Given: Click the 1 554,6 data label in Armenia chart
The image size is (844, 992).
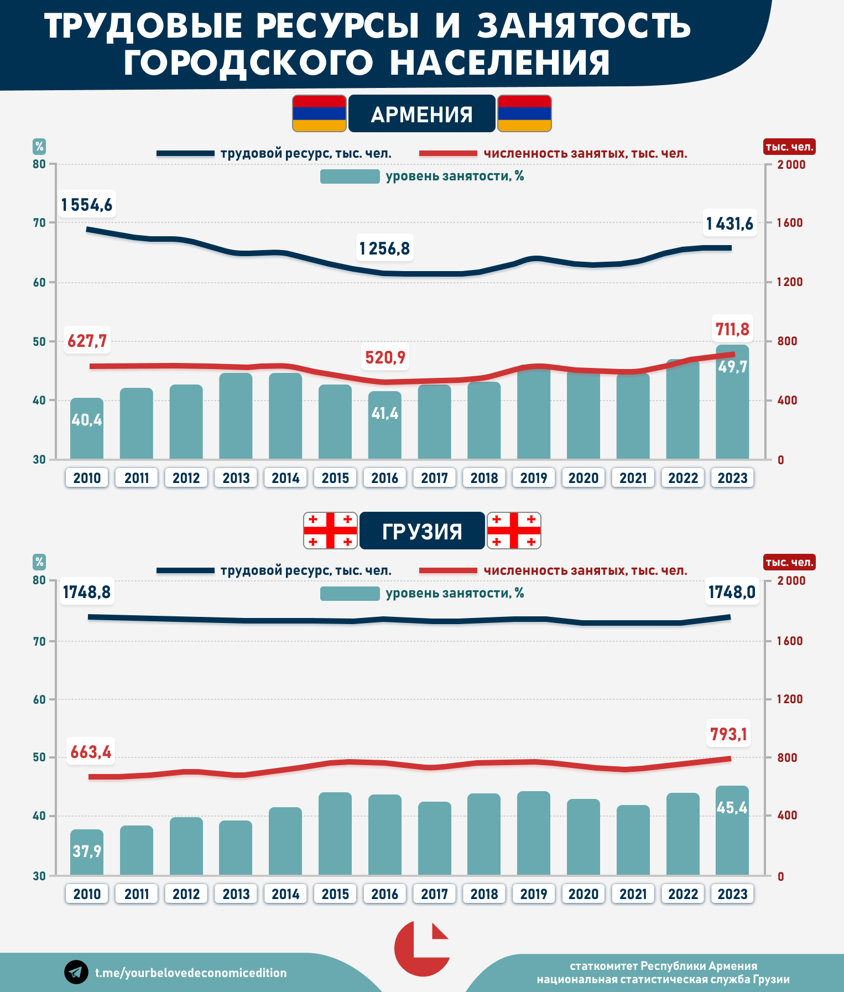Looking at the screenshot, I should (87, 205).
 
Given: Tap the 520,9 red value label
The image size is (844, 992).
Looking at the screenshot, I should (385, 357).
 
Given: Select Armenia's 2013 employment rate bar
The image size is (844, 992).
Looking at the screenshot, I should (236, 416).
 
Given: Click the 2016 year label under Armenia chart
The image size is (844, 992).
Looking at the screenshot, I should (384, 478).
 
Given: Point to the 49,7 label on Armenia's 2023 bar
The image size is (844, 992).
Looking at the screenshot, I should (732, 367).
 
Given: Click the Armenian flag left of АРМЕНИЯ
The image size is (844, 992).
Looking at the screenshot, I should (319, 113).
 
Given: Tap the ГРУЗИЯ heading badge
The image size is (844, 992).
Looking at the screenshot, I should (422, 531).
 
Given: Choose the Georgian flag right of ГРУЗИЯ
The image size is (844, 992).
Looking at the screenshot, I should (514, 531).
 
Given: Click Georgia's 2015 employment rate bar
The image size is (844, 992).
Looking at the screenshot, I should (335, 833).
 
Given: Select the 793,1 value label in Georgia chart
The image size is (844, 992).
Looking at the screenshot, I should (728, 734).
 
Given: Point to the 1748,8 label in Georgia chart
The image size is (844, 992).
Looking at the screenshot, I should (87, 592).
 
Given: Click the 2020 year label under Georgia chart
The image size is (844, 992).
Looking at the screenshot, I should (583, 894).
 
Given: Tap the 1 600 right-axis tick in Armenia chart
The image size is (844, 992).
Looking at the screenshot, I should (790, 223).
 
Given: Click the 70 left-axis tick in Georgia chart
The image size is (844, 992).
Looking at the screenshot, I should (39, 641).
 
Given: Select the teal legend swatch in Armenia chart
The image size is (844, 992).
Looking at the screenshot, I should (350, 176).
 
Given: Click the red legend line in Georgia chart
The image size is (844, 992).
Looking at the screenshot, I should (448, 570).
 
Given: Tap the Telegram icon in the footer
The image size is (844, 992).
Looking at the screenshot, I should (76, 972).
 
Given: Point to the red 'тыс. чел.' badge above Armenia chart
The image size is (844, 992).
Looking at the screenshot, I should (789, 147).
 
